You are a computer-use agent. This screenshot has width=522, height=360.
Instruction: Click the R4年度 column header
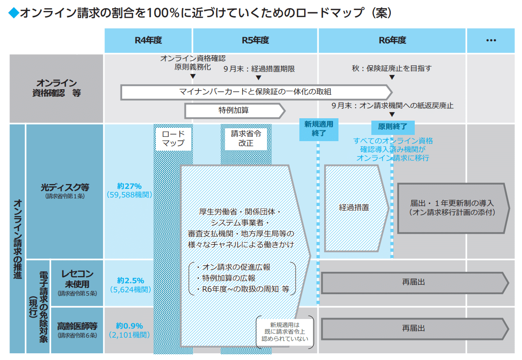pyautogui.click(x=148, y=41)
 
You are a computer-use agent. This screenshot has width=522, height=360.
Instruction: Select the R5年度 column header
pyautogui.click(x=256, y=41)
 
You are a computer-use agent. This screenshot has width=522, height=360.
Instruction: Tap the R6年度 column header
pyautogui.click(x=392, y=41)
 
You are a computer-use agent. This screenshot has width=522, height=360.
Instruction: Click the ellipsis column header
pyautogui.click(x=491, y=41)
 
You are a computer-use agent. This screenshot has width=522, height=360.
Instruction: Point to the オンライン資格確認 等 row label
pyautogui.click(x=56, y=88)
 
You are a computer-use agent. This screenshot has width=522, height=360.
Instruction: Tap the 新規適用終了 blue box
pyautogui.click(x=318, y=129)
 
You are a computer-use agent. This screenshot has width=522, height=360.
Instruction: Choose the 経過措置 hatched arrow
pyautogui.click(x=356, y=208)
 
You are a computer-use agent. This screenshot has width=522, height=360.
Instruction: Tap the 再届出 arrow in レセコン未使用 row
pyautogui.click(x=414, y=282)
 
